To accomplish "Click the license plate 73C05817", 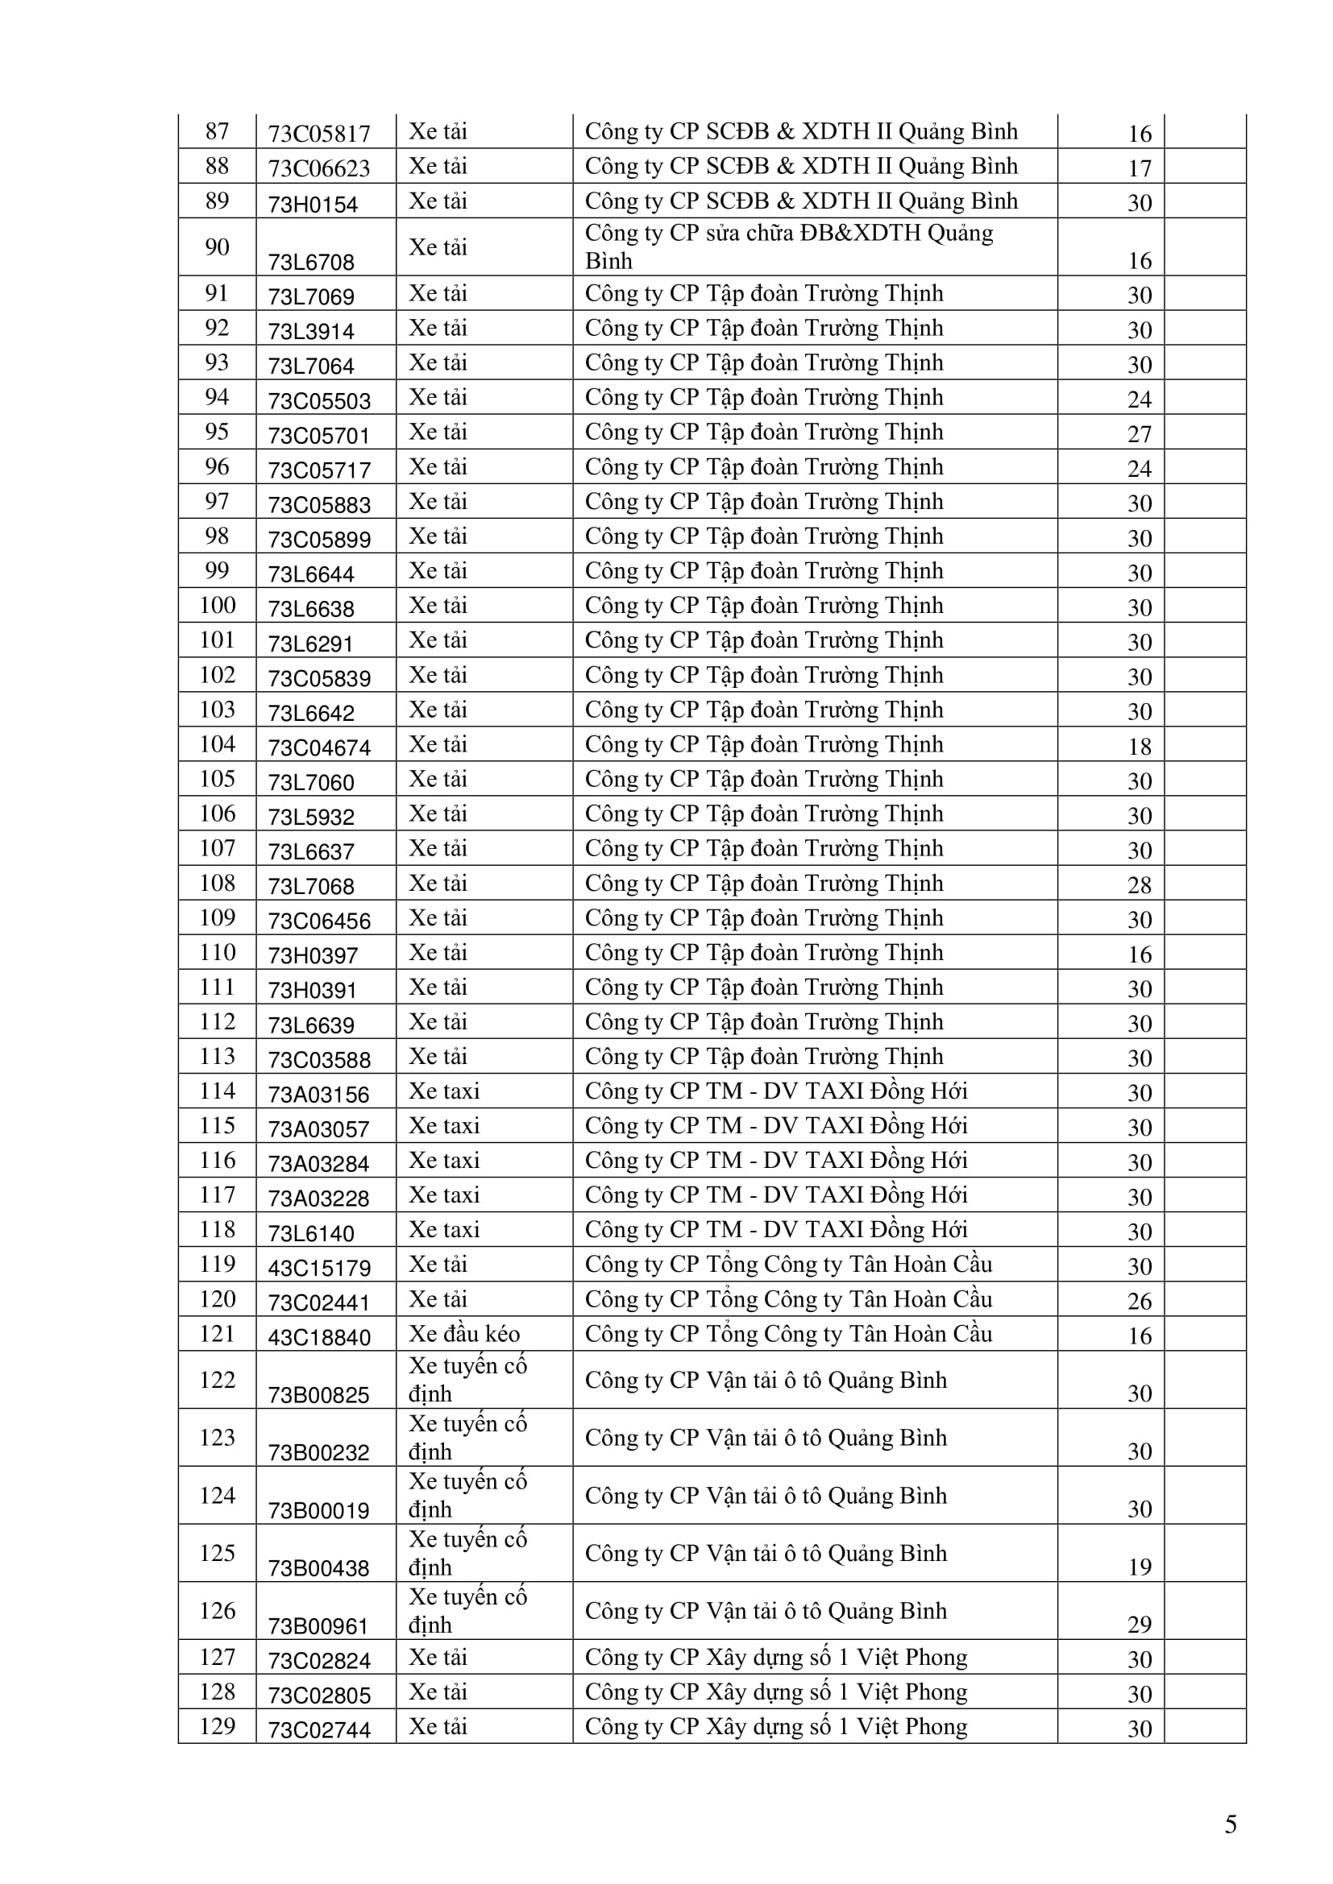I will pos(318,134).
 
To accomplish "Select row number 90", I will pos(217,247).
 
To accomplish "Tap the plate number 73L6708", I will pos(311,263).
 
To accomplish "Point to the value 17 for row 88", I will pos(1140,169).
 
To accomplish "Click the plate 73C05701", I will pos(318,436).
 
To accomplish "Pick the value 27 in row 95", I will pos(1140,434).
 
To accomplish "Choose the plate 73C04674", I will pos(319,747).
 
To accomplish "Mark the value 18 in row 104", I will pos(1140,747).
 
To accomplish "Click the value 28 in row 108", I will pos(1140,885).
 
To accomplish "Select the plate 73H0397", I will pos(313,956).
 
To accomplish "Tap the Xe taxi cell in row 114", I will pos(444,1091).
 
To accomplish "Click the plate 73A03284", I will pos(318,1164).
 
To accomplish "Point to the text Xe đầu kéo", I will pos(463,1333).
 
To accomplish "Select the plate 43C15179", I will pos(319,1268).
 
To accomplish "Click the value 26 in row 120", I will pos(1140,1302).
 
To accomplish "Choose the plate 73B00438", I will pos(318,1568).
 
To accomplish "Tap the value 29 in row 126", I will pos(1140,1625).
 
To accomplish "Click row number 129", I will pos(217,1725).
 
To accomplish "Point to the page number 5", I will pos(1231,1824).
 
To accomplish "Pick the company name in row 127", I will pos(775,1658).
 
